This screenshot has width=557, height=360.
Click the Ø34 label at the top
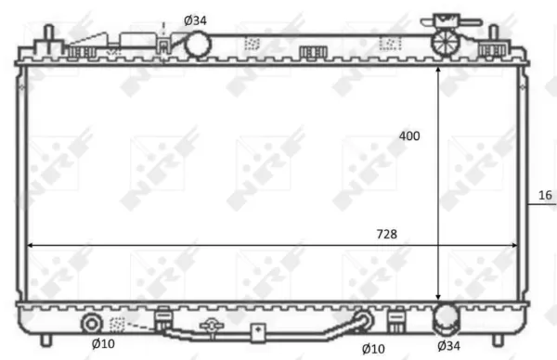pos(195,20)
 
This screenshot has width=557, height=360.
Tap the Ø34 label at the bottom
pos(448,345)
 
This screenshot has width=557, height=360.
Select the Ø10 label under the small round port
pos(103,343)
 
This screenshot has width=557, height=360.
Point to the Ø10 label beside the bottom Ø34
pos(373,349)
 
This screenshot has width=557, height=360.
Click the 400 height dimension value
pos(409,136)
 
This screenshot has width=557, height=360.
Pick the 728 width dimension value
pos(387,235)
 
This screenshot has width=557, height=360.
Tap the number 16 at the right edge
pos(545,195)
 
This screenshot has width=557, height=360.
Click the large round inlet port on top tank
pos(198,45)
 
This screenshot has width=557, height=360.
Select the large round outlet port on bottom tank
pos(446,318)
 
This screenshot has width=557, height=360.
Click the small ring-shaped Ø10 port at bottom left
pos(92,324)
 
